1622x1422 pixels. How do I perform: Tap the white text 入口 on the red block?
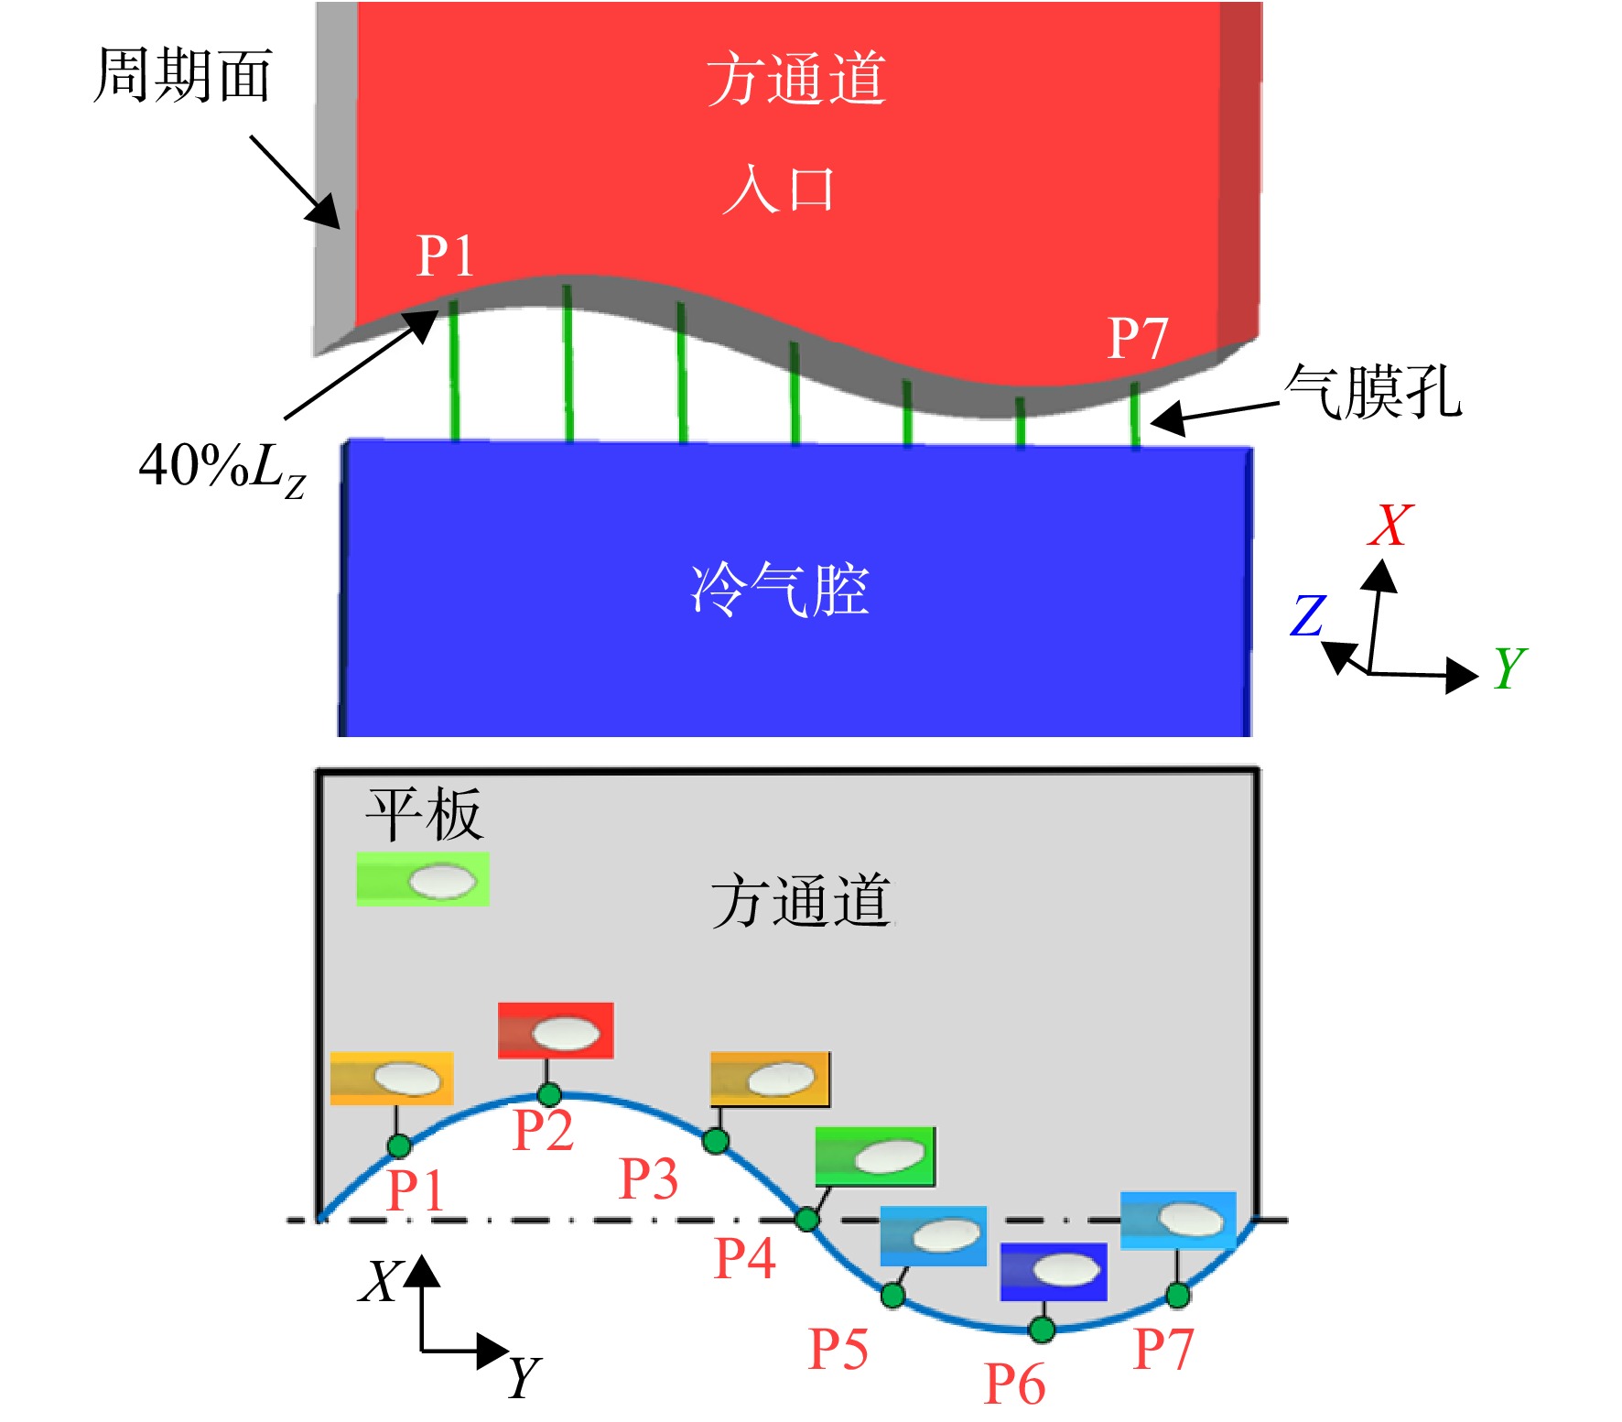(x=779, y=190)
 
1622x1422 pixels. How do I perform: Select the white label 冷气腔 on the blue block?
(x=780, y=589)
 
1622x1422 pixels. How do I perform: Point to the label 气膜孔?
(x=1373, y=391)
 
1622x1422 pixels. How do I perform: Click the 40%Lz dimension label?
(x=222, y=469)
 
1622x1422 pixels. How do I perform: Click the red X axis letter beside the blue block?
(x=1390, y=525)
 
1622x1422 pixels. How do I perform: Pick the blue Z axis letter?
(x=1308, y=615)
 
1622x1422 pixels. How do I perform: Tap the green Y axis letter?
(x=1510, y=667)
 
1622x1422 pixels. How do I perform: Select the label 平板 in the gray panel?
(x=424, y=814)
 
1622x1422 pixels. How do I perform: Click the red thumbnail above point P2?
(x=556, y=1031)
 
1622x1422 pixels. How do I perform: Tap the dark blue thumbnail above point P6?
(x=1054, y=1272)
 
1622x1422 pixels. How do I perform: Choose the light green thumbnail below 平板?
(x=423, y=880)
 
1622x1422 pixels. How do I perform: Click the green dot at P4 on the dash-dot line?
(x=806, y=1219)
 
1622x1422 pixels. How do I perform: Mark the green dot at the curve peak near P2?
(x=549, y=1094)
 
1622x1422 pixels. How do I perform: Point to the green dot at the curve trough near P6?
(x=1041, y=1329)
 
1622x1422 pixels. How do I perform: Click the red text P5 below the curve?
(x=838, y=1349)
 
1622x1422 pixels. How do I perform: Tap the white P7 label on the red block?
(x=1138, y=339)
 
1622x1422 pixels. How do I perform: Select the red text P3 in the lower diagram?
(x=648, y=1178)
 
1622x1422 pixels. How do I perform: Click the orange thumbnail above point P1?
(x=392, y=1079)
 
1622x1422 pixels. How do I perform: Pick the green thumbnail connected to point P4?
(x=875, y=1156)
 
